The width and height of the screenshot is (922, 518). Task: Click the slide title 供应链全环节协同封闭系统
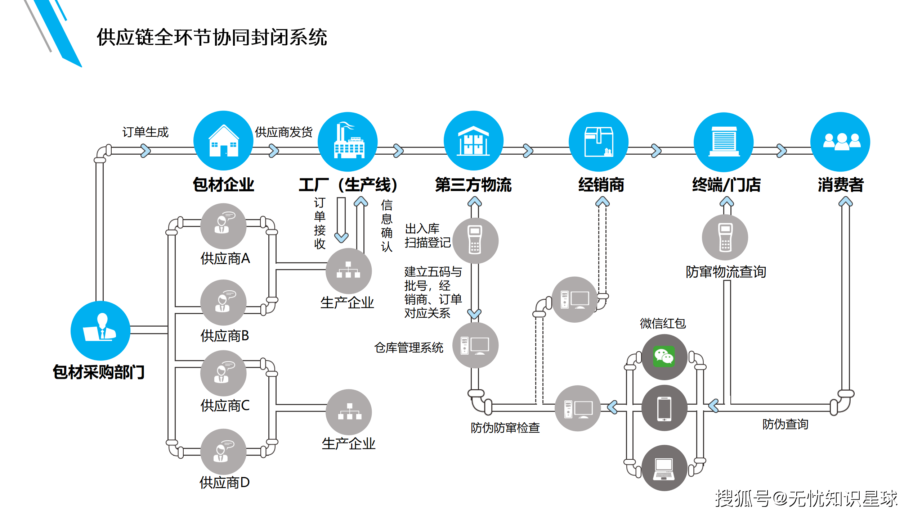tap(212, 37)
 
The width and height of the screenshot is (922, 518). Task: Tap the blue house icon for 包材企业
tap(223, 141)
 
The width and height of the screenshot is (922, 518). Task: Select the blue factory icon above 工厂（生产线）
tap(348, 141)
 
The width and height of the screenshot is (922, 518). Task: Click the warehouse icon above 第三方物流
tap(473, 141)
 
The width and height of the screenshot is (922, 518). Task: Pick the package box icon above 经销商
tap(599, 141)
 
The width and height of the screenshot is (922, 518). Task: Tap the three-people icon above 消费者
tap(840, 141)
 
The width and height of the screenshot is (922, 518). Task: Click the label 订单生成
tap(145, 132)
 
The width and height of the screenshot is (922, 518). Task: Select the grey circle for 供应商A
tap(223, 226)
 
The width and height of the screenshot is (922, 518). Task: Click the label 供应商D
tap(224, 482)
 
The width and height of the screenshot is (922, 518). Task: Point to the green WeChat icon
tap(664, 356)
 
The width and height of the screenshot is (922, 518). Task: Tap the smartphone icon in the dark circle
tap(664, 408)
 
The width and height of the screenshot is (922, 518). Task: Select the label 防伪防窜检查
tap(505, 428)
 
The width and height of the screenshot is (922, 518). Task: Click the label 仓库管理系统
tap(408, 347)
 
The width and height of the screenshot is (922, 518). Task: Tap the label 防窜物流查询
tap(725, 272)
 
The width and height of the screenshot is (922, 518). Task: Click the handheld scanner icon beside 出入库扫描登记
tap(475, 240)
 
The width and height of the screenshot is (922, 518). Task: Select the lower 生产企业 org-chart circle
tap(349, 412)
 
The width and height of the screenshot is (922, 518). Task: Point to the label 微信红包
tap(663, 323)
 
